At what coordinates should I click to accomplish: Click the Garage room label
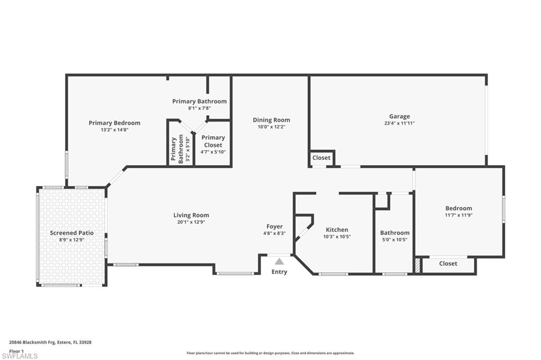tap(399, 117)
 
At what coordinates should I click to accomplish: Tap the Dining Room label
tap(271, 120)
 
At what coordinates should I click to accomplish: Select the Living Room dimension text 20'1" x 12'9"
tap(191, 222)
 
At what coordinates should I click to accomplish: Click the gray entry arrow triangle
tap(279, 261)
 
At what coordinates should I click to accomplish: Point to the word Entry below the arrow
tap(279, 272)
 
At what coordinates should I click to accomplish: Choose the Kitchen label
tap(337, 230)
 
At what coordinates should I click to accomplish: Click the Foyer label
tap(274, 226)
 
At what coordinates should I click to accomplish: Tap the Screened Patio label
tap(71, 233)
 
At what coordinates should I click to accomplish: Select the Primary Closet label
tap(213, 141)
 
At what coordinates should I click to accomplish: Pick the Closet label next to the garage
tap(321, 158)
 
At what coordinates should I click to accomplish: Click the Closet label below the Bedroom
tap(448, 263)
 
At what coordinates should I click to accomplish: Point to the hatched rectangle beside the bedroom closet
tap(418, 264)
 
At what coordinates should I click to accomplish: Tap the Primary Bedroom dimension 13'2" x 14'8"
tap(114, 130)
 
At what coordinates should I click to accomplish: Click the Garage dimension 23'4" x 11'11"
tap(399, 124)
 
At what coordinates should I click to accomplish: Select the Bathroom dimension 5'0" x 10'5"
tap(395, 240)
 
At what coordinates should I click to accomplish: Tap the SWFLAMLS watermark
tap(20, 356)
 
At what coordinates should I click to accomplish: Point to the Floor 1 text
tap(17, 350)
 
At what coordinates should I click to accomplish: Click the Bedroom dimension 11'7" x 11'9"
tap(458, 215)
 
